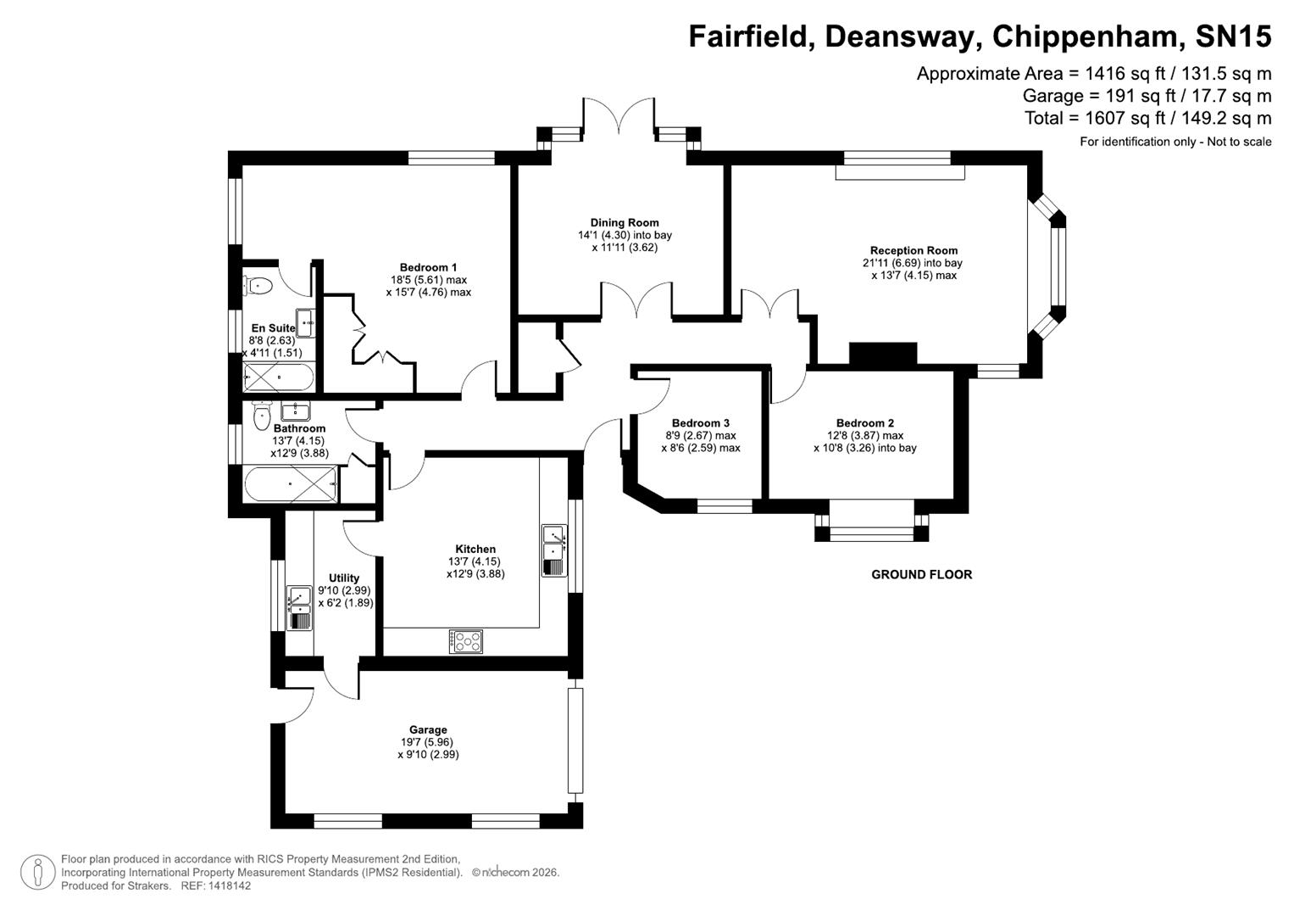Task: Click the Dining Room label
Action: (x=625, y=223)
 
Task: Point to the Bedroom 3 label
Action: (x=700, y=423)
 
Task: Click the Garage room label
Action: (x=428, y=729)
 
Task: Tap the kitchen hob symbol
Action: (x=466, y=641)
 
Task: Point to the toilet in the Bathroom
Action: (x=262, y=414)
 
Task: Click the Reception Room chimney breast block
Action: (x=883, y=354)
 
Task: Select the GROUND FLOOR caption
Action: (x=921, y=574)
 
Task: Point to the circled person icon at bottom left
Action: (x=37, y=873)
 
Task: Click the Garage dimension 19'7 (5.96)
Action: (x=428, y=742)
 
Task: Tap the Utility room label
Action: (x=344, y=578)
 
